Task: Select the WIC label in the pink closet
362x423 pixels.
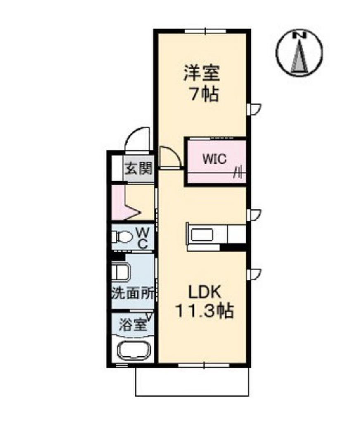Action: (213, 159)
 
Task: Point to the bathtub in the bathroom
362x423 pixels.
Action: (133, 350)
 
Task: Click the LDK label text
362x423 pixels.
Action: (205, 292)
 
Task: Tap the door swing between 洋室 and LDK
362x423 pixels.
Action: (169, 157)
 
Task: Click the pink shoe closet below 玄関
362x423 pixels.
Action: (124, 203)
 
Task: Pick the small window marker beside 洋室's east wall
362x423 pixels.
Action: (253, 108)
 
